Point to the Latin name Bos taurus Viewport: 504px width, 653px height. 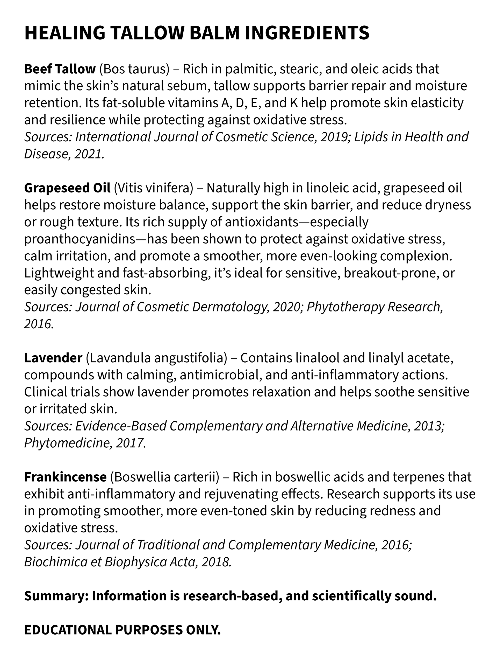[x=134, y=69]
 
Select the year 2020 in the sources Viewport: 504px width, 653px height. [x=287, y=307]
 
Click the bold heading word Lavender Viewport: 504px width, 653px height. [x=53, y=358]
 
